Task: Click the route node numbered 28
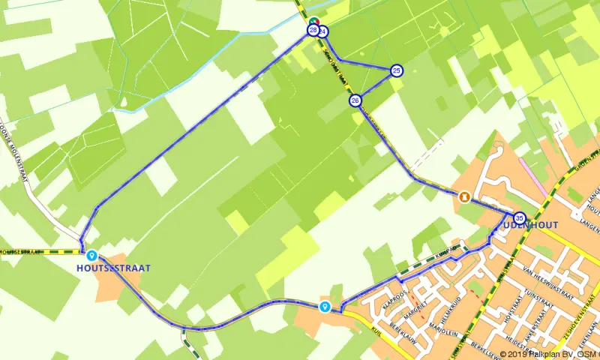tap(312, 30)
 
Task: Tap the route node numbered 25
tap(396, 70)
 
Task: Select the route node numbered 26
tap(355, 100)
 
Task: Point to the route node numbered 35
tap(520, 217)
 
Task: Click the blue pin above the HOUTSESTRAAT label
tap(91, 255)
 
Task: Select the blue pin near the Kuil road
tap(325, 306)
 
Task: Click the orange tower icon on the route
tap(464, 196)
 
